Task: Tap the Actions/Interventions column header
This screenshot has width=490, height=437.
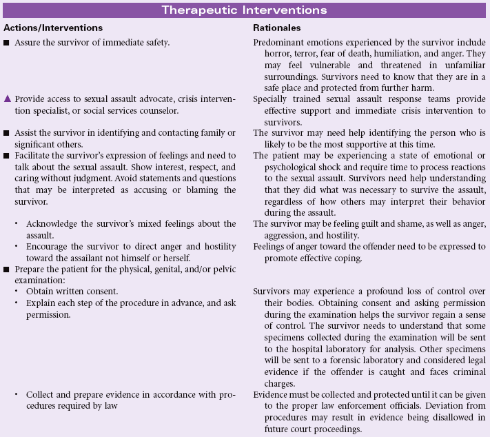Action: (53, 28)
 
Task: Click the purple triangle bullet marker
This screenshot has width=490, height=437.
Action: (7, 99)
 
